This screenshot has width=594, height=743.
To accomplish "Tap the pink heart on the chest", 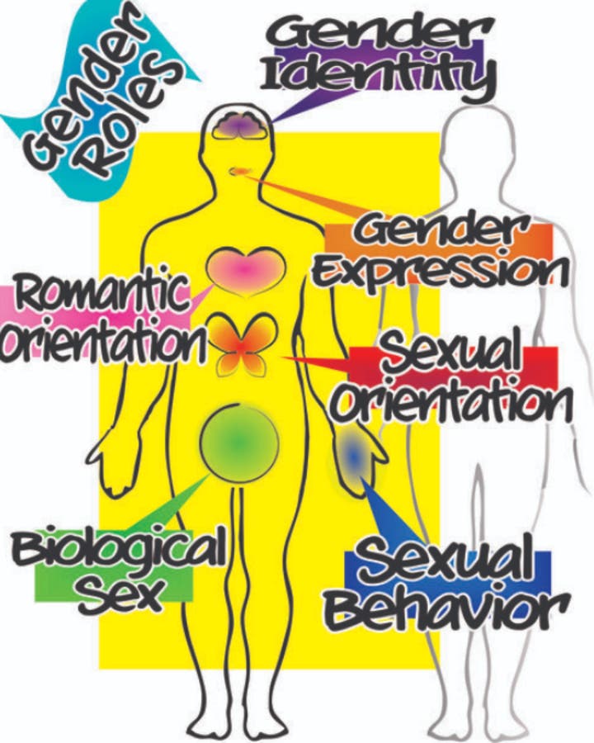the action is click(x=245, y=271).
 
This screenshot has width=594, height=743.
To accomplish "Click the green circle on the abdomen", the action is click(x=239, y=442).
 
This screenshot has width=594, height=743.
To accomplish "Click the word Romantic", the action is click(x=101, y=293).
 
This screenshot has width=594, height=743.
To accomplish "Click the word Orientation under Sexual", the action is click(x=452, y=403).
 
